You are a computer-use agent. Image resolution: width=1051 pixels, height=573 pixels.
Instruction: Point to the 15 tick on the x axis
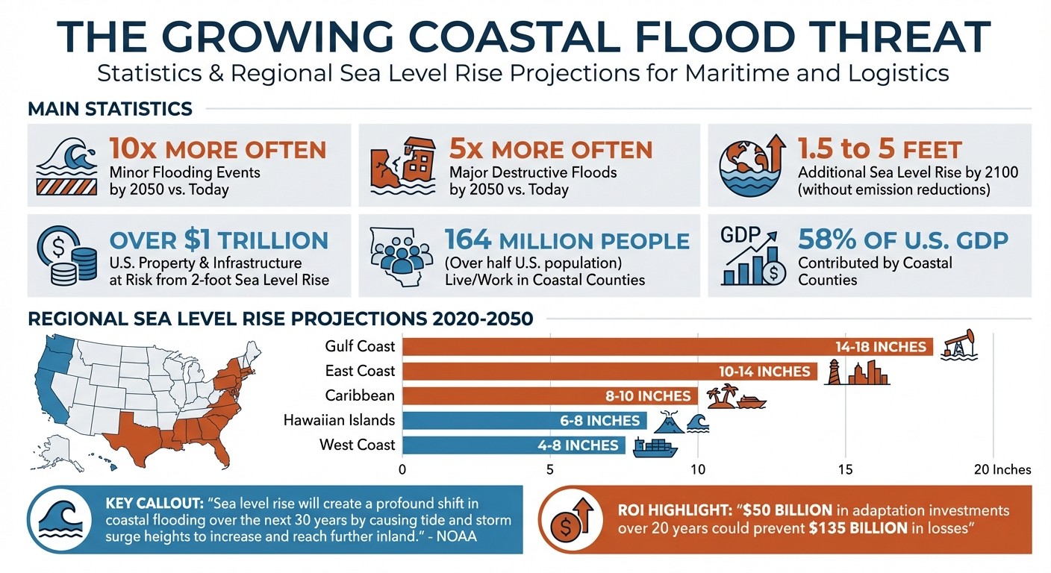[x=845, y=469]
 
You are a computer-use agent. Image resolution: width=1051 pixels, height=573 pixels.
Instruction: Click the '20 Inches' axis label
[x=1002, y=469]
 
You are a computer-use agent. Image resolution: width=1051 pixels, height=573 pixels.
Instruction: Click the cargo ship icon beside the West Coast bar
[x=655, y=446]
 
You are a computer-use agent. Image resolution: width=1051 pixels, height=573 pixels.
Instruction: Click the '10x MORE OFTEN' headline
[x=217, y=149]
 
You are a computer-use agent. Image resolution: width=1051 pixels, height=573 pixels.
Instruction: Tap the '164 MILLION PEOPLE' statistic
[x=567, y=240]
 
